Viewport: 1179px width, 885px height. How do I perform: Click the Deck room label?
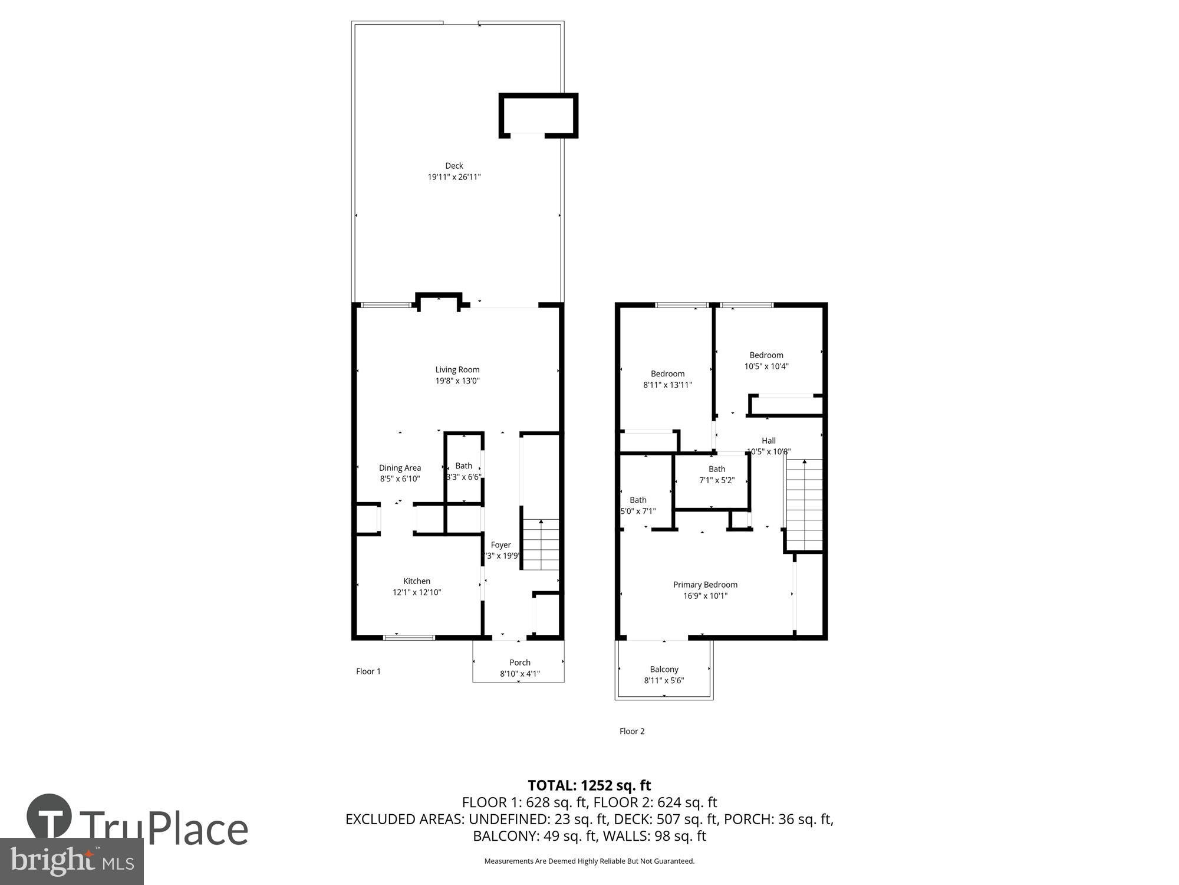point(454,166)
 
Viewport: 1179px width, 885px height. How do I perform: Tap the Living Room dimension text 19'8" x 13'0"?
point(457,381)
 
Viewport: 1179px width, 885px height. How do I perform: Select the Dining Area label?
point(400,468)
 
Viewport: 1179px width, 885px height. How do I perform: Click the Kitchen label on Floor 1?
point(417,581)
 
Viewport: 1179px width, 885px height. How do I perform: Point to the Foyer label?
point(501,545)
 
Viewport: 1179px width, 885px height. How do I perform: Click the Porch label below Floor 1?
point(520,663)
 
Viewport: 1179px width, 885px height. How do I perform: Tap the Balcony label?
point(664,669)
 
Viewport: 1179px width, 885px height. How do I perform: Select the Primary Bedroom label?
point(705,585)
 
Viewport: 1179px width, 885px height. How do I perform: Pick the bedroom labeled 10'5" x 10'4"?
point(766,360)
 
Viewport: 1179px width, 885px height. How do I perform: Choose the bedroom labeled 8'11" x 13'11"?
point(667,379)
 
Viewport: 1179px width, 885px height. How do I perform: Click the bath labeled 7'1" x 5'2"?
point(717,474)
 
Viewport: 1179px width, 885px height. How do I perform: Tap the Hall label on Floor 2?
point(769,441)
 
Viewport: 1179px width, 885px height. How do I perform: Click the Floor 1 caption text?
point(368,671)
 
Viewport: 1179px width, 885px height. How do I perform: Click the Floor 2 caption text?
point(632,731)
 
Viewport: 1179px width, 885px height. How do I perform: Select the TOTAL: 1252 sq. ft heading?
point(589,785)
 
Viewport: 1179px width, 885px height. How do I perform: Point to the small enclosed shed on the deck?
point(538,116)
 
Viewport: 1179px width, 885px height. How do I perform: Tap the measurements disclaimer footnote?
point(589,861)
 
